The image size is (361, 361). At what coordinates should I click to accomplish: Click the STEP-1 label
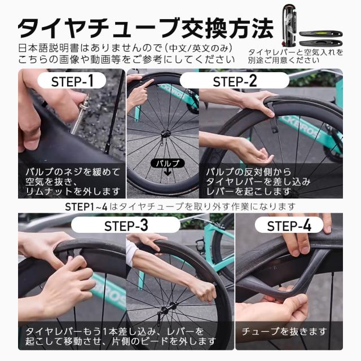point(73,81)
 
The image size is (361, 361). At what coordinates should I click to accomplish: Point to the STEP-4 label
point(289,226)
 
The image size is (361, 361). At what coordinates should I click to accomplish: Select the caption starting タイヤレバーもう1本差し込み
point(118,336)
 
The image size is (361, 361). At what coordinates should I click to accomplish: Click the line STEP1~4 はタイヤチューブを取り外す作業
point(180,206)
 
